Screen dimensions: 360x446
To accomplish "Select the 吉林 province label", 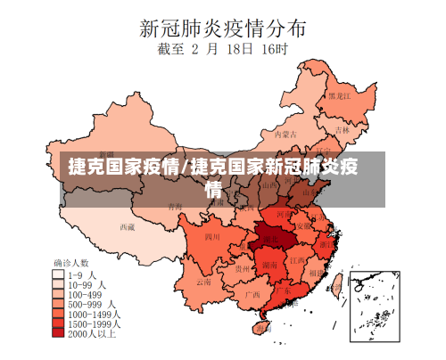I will pos(343,128).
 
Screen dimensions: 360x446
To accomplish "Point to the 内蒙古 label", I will pos(284,134).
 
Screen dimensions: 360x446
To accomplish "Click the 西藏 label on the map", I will pos(128,226).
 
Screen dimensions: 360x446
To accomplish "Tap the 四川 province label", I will pos(212,237).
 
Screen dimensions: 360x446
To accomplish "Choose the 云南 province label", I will pos(204,281).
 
